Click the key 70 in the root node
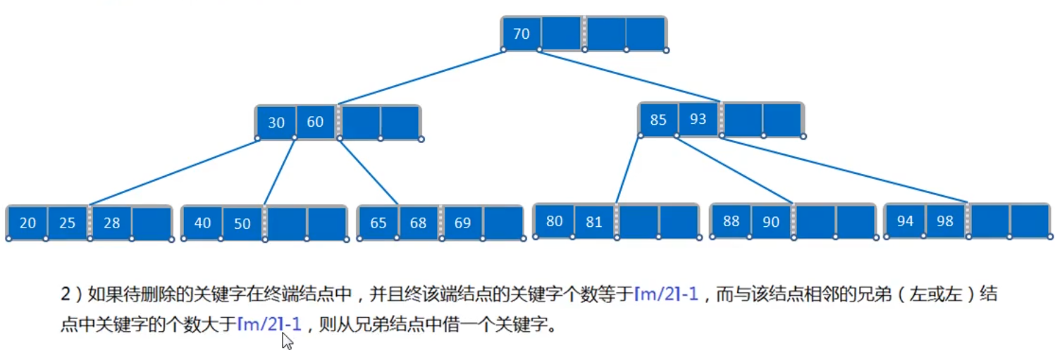coord(522,33)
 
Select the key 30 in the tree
coord(276,122)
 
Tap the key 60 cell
coord(315,122)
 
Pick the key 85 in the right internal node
coord(658,119)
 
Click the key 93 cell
coord(698,119)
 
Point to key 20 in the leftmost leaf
coord(27,223)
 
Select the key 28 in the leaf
coord(111,223)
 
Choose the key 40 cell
coord(202,223)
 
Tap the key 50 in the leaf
coord(242,223)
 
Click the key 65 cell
coord(378,223)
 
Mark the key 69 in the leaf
coord(462,223)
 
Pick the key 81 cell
coord(594,221)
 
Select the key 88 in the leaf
coord(731,221)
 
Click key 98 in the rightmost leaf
coord(944,221)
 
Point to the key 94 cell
coord(905,221)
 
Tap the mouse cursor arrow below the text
coord(287,342)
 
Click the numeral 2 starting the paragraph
coord(64,294)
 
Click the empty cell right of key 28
coord(152,223)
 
